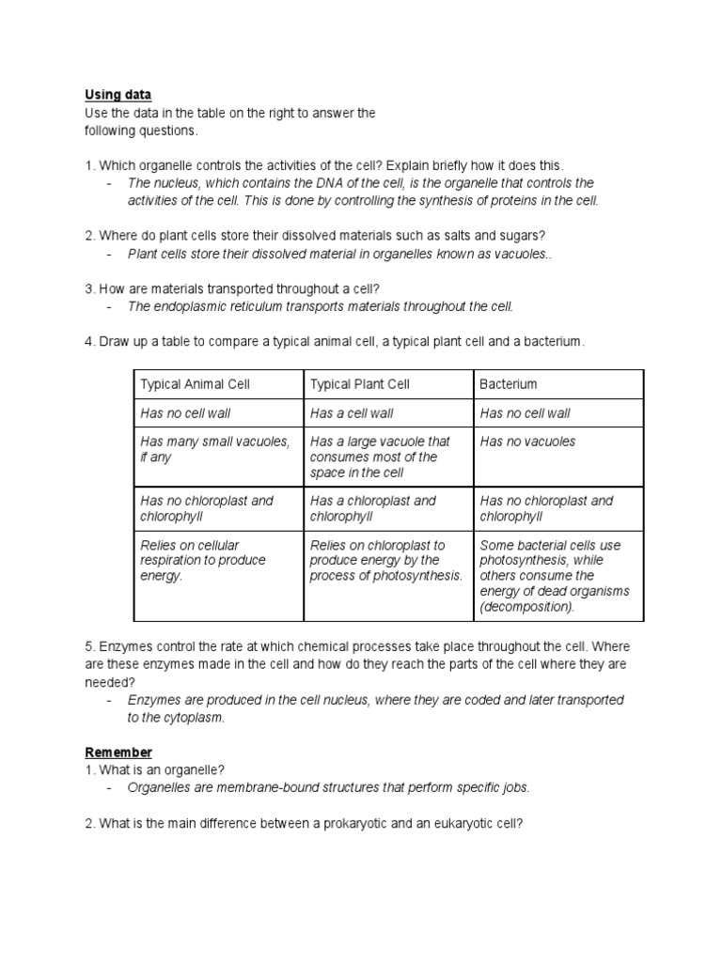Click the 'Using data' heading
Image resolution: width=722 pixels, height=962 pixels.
[x=118, y=95]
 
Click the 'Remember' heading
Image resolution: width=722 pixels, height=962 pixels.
[x=118, y=753]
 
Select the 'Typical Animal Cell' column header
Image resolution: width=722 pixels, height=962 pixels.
[x=196, y=384]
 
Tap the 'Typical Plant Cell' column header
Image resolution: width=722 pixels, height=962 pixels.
[x=360, y=384]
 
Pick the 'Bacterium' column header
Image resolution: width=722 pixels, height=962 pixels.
[x=509, y=384]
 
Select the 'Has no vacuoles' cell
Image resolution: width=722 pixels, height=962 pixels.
[x=527, y=441]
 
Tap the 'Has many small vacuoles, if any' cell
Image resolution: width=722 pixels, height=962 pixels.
[x=215, y=448]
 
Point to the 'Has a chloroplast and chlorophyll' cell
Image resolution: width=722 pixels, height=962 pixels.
[x=373, y=508]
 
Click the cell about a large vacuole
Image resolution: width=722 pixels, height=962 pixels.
[x=380, y=457]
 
